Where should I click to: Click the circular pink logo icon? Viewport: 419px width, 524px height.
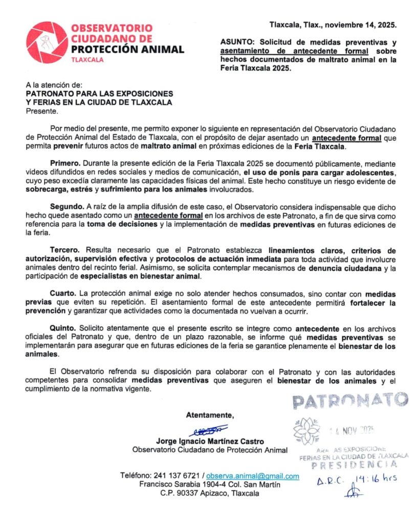47,42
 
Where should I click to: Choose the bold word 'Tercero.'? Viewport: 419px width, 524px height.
64,250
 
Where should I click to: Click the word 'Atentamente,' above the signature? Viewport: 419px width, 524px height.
210,415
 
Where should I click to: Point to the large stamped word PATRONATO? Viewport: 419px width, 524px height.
350,401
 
